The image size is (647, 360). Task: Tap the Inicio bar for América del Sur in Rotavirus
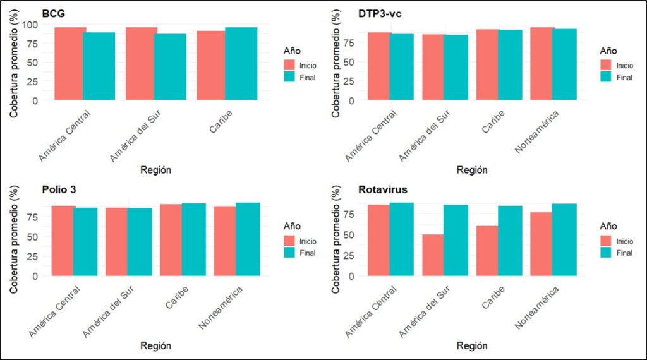432,255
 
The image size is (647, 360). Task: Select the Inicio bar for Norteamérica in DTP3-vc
542,64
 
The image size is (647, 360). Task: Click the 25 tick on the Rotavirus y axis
349,255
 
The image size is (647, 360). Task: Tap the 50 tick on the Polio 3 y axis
33,236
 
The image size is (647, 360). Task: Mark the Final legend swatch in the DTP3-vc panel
607,77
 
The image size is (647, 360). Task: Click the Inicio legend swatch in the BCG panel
291,65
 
